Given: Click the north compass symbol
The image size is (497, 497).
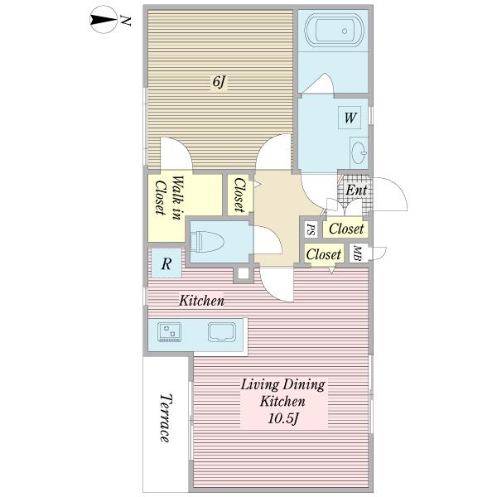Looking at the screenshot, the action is click(104, 20).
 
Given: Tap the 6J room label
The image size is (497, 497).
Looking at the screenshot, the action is click(219, 82).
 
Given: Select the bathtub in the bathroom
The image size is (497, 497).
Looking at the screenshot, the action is click(334, 31).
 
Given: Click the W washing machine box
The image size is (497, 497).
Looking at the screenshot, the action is click(350, 118).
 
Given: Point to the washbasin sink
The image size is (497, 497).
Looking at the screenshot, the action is click(359, 152).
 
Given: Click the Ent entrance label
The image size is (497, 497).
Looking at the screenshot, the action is click(356, 190).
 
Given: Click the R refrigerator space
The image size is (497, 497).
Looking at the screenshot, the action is click(166, 263).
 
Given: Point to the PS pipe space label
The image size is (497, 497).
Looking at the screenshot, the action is click(311, 229).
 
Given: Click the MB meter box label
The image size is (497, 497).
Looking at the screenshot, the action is click(357, 253).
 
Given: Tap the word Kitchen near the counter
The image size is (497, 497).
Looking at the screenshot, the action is click(202, 300).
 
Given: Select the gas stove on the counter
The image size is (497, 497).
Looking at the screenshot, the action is click(170, 332).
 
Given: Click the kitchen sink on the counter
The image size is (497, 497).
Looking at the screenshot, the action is click(222, 332).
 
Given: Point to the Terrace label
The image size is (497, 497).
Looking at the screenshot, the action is click(166, 418).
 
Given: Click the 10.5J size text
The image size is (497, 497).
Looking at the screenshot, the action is click(283, 418).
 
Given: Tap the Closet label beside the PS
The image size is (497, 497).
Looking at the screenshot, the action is click(346, 229).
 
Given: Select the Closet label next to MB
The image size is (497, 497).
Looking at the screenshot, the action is click(324, 254).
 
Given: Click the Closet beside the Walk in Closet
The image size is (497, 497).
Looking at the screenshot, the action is click(240, 195).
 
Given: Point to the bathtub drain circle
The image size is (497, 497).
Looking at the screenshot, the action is click(345, 31).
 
